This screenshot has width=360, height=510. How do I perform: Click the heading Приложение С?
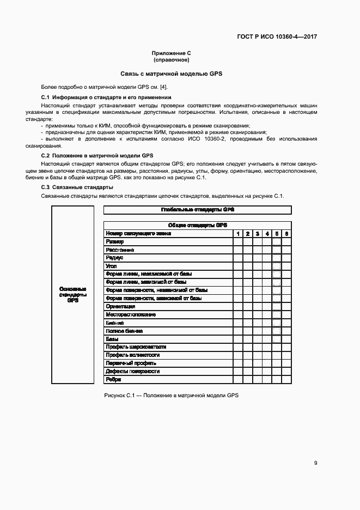click(x=172, y=53)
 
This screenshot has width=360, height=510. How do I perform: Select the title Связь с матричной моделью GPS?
click(x=172, y=73)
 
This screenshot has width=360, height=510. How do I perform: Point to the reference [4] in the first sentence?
click(x=163, y=87)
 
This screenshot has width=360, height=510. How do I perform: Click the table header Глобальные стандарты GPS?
click(x=197, y=210)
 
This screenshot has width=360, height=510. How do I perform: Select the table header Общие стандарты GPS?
click(x=197, y=225)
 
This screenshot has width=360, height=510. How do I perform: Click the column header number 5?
click(x=276, y=233)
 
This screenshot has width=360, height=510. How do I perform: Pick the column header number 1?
click(x=237, y=233)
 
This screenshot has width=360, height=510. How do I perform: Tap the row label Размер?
click(x=115, y=241)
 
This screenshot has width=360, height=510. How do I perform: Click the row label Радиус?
click(x=115, y=258)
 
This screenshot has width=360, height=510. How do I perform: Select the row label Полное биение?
click(x=125, y=331)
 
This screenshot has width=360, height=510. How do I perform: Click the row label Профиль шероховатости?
click(x=136, y=347)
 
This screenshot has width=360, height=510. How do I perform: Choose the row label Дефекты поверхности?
click(x=133, y=371)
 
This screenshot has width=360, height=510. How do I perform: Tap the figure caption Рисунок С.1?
click(x=171, y=395)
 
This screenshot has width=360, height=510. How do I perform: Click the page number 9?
click(x=315, y=463)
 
